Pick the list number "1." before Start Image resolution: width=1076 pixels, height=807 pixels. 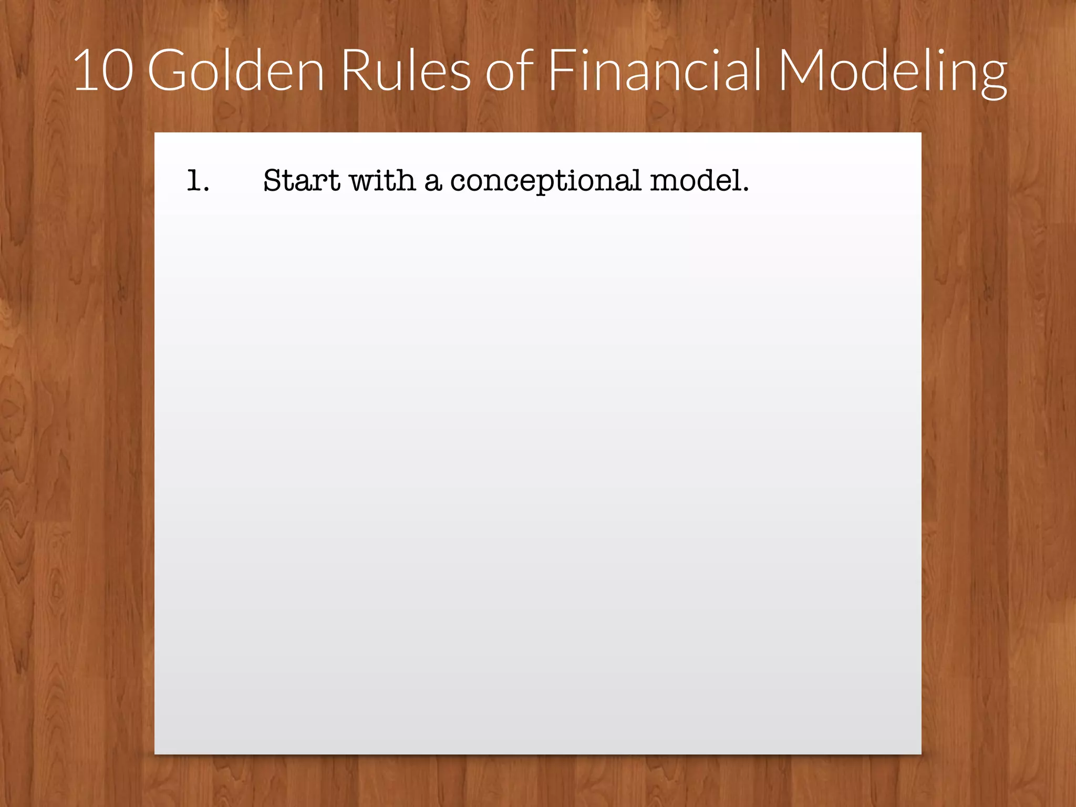pyautogui.click(x=198, y=181)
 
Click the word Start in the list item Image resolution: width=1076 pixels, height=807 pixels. pyautogui.click(x=302, y=181)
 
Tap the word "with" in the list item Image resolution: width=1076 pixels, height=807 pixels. pyautogui.click(x=382, y=181)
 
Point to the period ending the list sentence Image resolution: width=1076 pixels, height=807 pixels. pyautogui.click(x=745, y=189)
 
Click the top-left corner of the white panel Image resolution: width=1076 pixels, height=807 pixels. pyautogui.click(x=156, y=134)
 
